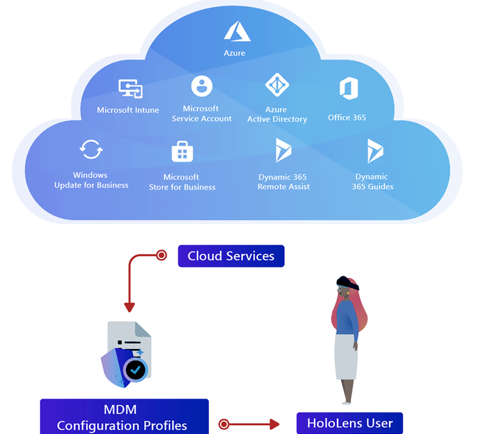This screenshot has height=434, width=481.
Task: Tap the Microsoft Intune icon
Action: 131,89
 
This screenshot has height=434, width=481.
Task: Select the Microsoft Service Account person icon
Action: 201,86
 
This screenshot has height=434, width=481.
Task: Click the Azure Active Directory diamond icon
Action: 277,85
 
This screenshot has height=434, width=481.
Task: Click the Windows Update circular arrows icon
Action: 91,150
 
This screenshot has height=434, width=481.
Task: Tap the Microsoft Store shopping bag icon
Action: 182,152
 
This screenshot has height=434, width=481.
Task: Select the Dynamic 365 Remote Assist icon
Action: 283,150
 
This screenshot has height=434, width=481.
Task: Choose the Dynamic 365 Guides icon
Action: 375,150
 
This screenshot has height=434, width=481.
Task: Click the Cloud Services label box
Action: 231,256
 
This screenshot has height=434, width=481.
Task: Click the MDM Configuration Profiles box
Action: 124,417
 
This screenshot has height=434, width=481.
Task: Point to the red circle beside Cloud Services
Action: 162,256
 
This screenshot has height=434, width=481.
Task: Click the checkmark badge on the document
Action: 136,369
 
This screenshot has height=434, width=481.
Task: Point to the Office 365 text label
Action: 347,118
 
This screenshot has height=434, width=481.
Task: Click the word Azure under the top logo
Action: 235,53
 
